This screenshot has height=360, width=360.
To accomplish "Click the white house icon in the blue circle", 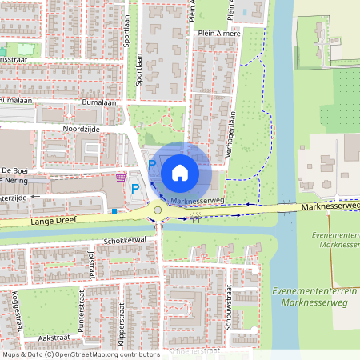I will tap(180, 172).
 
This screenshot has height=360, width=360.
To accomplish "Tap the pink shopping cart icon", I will tap(121, 177).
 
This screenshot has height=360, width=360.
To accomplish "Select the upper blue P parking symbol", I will tap(152, 164).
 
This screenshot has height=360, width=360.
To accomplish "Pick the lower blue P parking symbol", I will tap(135, 189).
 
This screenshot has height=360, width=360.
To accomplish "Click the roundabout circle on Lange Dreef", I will tap(158, 211).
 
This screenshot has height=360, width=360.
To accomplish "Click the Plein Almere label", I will tap(217, 34).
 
